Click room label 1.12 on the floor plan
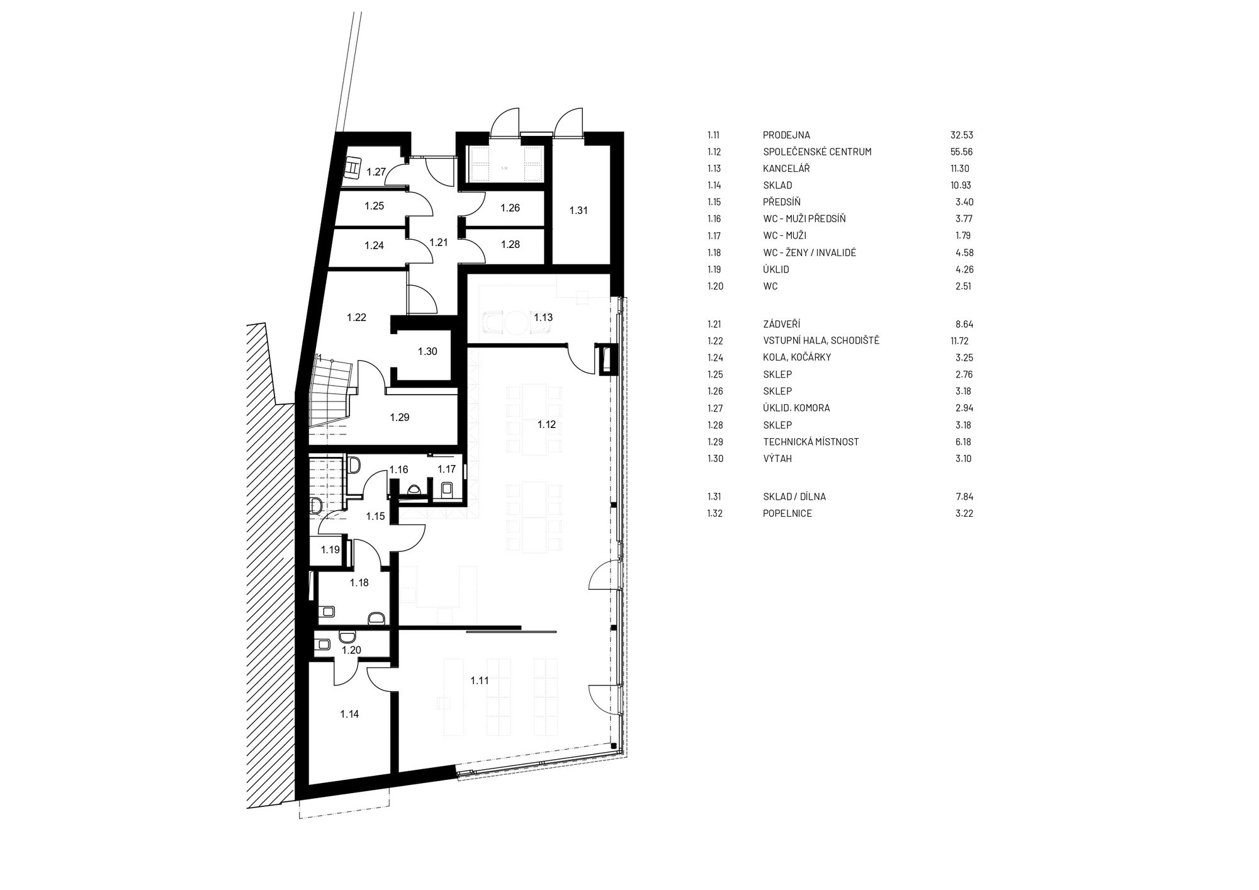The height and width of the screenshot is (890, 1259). pos(546,425)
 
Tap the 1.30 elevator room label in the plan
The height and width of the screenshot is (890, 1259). pos(427,352)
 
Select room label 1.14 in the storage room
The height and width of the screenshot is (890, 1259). pos(349,714)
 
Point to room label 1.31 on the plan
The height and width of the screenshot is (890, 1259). pos(579,211)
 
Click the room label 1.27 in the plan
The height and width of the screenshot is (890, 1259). pos(376,172)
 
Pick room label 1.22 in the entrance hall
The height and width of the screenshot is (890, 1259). pos(356,318)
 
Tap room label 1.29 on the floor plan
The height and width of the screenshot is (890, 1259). pos(400,417)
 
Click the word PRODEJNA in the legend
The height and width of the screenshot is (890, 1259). pos(786,135)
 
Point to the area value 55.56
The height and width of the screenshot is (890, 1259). pos(962,152)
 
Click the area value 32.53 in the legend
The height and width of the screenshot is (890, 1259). pos(962,135)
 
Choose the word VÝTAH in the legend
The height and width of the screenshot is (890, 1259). pos(777,458)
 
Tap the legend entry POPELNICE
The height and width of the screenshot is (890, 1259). pos(788,513)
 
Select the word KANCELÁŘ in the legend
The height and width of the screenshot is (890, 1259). pos(786,169)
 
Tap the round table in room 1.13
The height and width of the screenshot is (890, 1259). pos(514,324)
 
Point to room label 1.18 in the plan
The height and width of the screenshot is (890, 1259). pos(359,583)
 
